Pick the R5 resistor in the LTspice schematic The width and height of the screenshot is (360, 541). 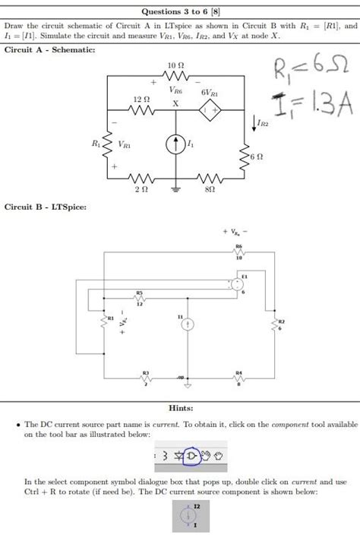pos(141,299)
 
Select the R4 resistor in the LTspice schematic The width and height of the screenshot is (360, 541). pos(239,378)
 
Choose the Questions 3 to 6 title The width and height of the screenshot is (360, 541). pos(180,11)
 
